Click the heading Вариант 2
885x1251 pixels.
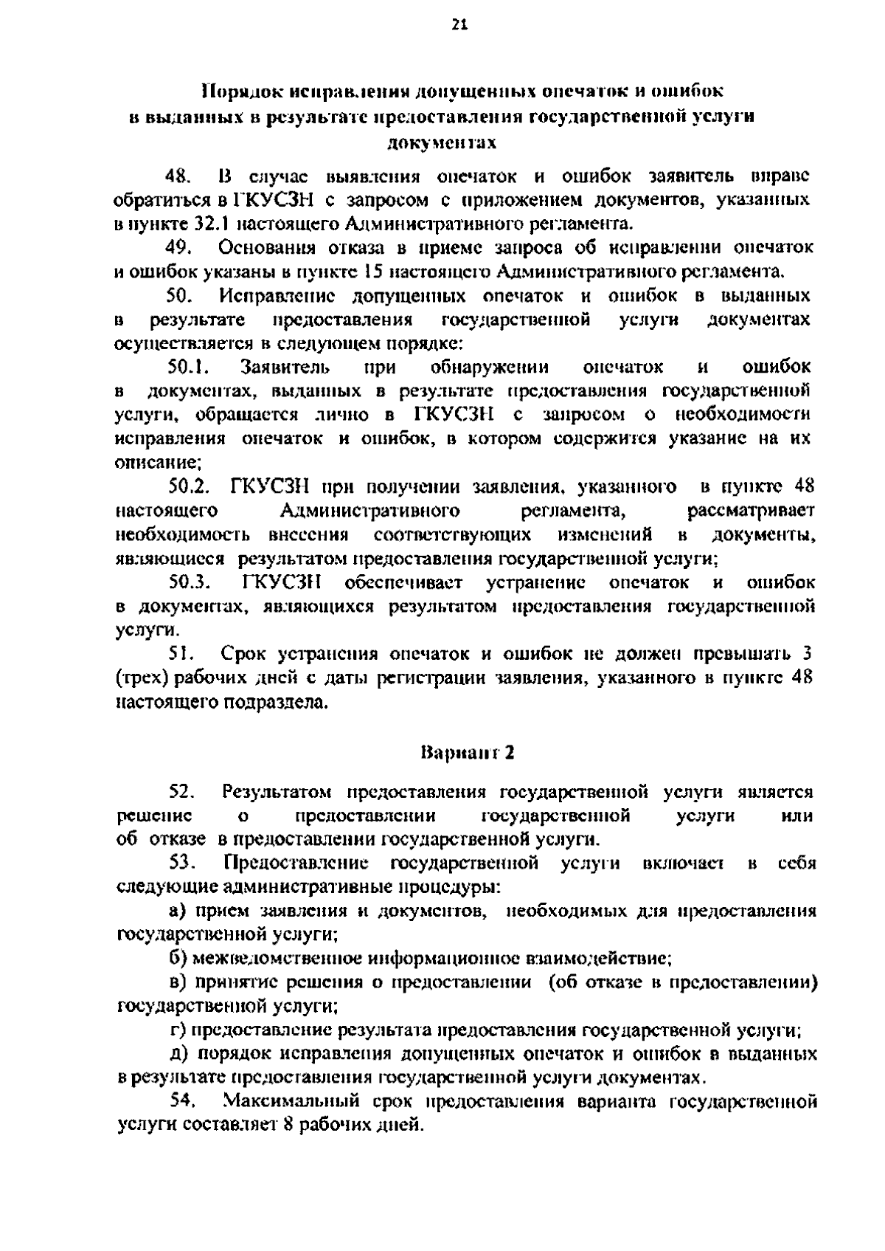click(x=467, y=754)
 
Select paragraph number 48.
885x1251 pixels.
click(x=180, y=177)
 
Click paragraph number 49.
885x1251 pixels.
click(x=180, y=248)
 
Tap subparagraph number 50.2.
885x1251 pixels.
click(x=190, y=487)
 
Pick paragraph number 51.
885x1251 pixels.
click(x=181, y=655)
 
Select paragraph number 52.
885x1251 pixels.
click(x=181, y=793)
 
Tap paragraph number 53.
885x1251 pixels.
click(x=181, y=864)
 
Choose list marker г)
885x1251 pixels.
click(x=176, y=1030)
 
